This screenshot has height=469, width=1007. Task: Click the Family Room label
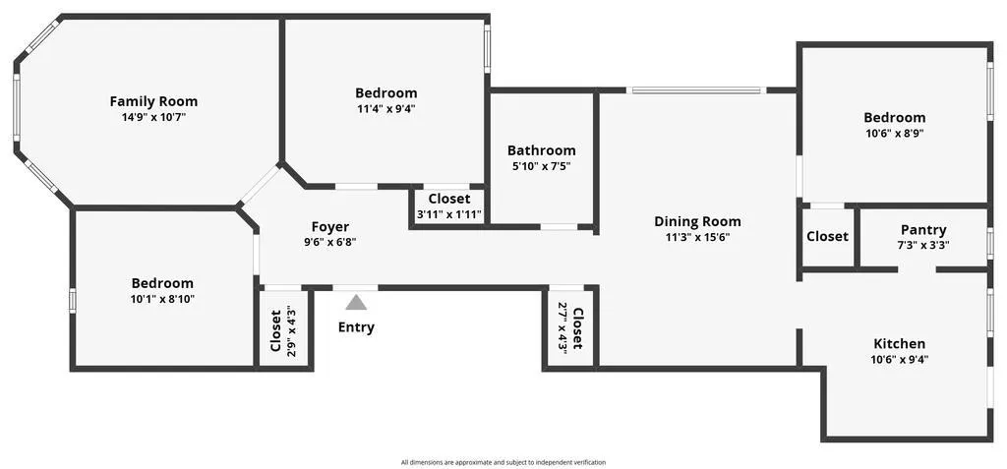click(x=153, y=101)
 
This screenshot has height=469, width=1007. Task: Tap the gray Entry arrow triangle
click(x=356, y=302)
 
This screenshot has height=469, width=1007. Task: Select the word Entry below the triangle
click(x=356, y=327)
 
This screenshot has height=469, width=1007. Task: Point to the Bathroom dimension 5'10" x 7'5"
click(x=542, y=166)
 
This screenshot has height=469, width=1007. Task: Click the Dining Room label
click(x=697, y=221)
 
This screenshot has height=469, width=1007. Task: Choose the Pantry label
click(x=923, y=230)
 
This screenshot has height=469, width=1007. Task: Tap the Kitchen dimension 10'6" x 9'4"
click(x=899, y=360)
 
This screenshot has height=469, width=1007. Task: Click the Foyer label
click(x=330, y=227)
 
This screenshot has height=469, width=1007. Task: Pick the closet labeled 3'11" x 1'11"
click(x=449, y=205)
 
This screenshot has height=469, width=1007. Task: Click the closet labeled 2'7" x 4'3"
click(x=570, y=327)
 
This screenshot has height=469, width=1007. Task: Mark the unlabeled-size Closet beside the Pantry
click(x=827, y=236)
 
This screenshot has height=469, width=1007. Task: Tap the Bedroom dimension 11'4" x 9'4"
click(x=385, y=108)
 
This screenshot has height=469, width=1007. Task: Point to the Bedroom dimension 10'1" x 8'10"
click(x=162, y=299)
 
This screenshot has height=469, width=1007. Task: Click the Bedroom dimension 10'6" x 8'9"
click(x=895, y=134)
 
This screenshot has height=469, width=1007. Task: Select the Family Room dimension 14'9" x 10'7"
click(x=153, y=118)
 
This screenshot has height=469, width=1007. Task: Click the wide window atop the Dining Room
click(x=697, y=90)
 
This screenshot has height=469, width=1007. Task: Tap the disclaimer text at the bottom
click(x=503, y=462)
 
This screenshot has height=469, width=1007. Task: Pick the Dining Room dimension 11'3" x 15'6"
click(x=697, y=237)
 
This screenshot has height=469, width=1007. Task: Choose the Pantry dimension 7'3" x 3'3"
click(x=923, y=245)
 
